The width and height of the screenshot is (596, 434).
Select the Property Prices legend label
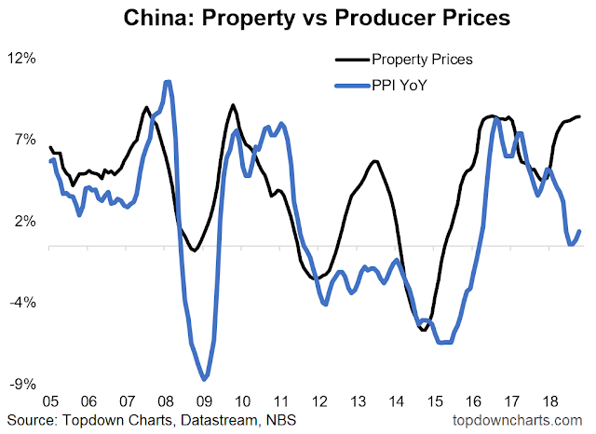[x=421, y=60]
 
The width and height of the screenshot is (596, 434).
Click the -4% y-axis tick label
[x=22, y=303]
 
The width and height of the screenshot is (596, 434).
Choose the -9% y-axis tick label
[x=22, y=384]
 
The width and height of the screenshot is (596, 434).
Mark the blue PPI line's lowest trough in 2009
[x=204, y=378]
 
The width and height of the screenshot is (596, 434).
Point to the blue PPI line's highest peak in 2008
[x=167, y=83]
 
